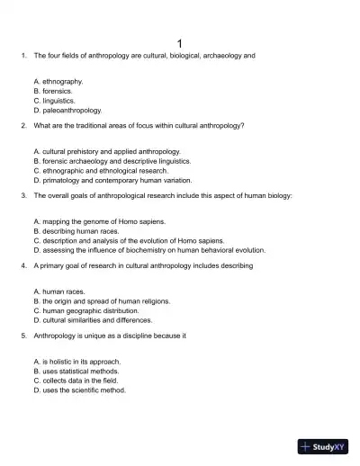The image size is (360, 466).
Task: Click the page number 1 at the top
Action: click(x=180, y=42)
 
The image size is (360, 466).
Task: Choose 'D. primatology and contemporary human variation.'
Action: click(x=108, y=180)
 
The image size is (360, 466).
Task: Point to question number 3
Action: click(x=22, y=194)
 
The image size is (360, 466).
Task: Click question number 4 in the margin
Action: click(x=22, y=265)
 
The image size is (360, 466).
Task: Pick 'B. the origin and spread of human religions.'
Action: click(x=102, y=301)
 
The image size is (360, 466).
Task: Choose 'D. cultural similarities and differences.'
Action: click(x=93, y=320)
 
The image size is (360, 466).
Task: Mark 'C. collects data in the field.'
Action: click(x=76, y=381)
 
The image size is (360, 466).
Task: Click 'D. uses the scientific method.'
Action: click(x=79, y=390)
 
